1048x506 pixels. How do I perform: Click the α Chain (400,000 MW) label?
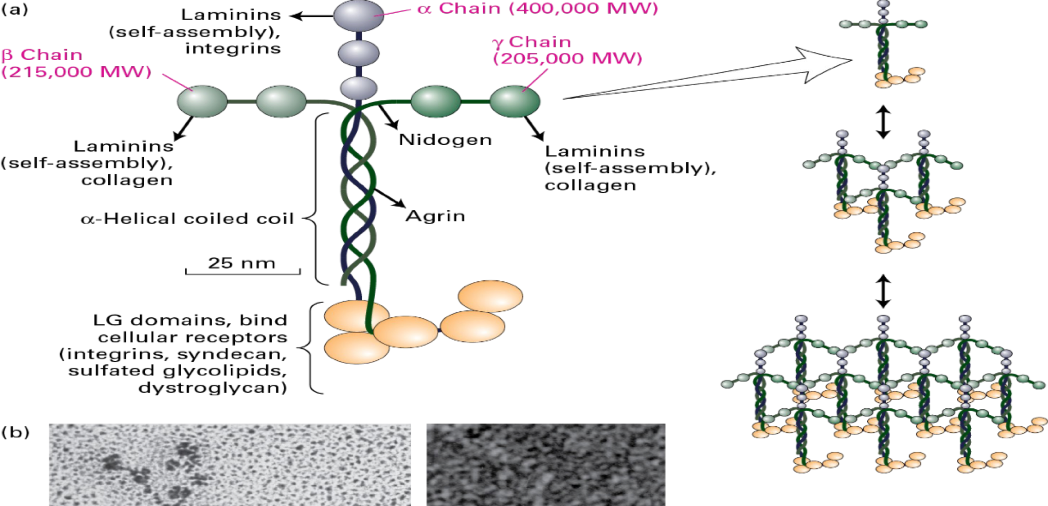537,9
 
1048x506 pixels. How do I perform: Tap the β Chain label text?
42,55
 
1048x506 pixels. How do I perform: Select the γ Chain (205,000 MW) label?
567,50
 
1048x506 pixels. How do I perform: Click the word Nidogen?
445,140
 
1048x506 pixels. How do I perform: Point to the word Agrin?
435,216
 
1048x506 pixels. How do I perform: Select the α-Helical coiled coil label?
187,219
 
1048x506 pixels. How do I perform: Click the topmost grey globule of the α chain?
358,15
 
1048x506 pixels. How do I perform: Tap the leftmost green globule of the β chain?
202,101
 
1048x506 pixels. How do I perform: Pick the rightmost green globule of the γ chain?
515,101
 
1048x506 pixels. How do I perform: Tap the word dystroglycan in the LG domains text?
213,388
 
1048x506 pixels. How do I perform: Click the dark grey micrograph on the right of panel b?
546,465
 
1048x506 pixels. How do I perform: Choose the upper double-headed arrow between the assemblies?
883,122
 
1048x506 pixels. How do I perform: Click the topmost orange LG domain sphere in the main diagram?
490,296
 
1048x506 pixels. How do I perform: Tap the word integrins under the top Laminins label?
233,49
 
